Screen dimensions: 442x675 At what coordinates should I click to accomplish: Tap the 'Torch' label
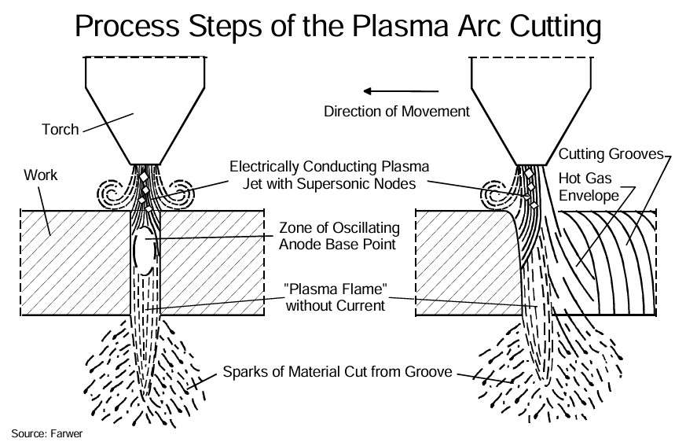click(61, 129)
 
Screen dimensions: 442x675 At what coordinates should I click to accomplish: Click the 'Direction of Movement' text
click(396, 112)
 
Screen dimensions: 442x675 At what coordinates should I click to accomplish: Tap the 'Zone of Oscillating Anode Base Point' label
click(339, 235)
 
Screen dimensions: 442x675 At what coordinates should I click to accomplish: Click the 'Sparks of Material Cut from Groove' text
click(338, 371)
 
